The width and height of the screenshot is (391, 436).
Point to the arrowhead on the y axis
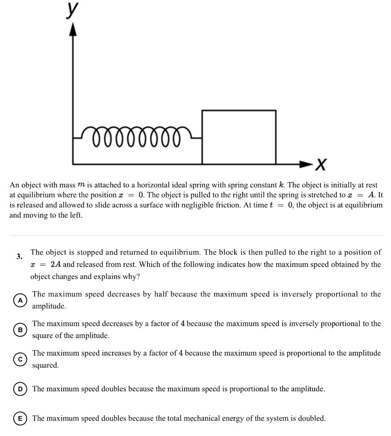point(74,29)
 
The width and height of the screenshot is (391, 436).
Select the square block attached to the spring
point(238,137)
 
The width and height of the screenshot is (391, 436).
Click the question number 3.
point(19,256)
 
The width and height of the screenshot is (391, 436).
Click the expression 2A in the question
point(56,264)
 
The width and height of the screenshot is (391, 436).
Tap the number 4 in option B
point(182,324)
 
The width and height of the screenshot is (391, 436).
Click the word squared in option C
point(45,365)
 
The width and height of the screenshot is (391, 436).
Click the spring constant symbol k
point(281,186)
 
